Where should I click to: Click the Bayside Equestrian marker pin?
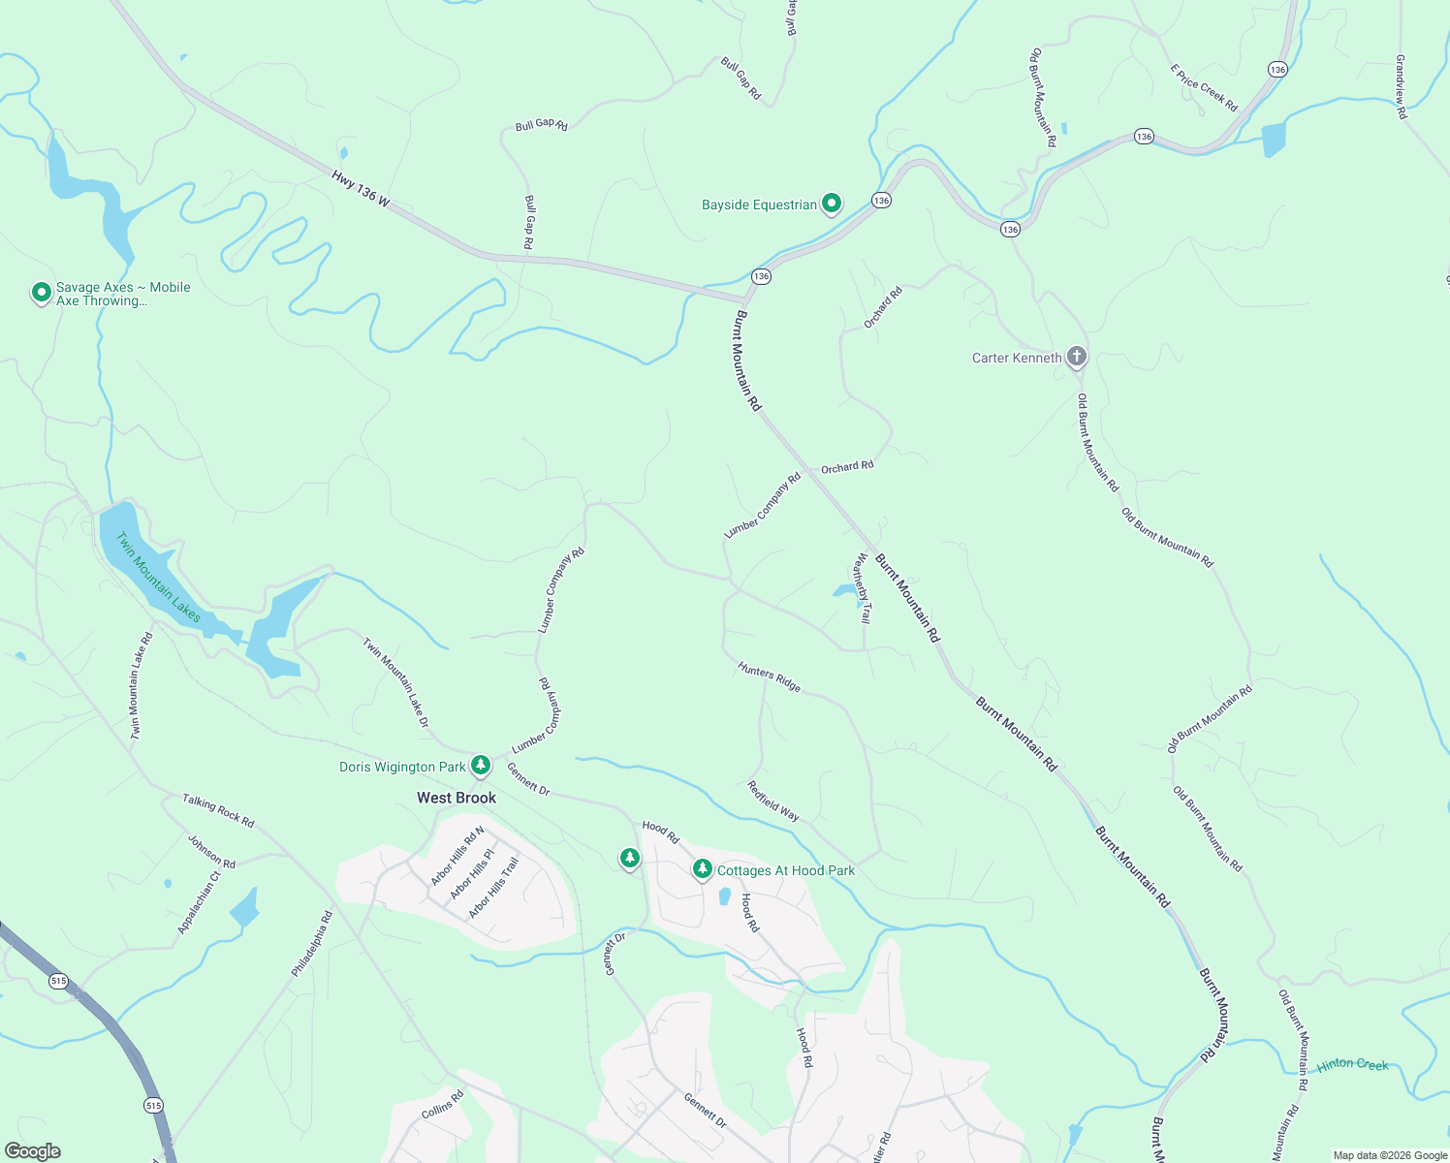tap(832, 204)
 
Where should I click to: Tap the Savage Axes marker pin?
tap(41, 292)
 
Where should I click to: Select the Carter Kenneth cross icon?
tap(1076, 357)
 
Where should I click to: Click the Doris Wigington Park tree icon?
tap(480, 766)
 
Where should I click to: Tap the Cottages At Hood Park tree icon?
tap(703, 869)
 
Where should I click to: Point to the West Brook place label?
tap(457, 798)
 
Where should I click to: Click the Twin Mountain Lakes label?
tap(158, 578)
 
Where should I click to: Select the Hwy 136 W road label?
tap(361, 188)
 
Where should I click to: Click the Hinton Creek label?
tap(1353, 1064)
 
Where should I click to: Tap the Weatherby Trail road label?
tap(862, 588)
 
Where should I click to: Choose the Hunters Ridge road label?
tap(770, 676)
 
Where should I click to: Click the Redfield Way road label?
tap(773, 802)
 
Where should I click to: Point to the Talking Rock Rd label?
tap(218, 810)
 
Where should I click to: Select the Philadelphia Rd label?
tap(312, 943)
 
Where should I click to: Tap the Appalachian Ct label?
tap(199, 902)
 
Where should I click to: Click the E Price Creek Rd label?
tap(1204, 88)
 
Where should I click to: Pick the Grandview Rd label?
tap(1401, 86)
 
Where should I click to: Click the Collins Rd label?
tap(443, 1105)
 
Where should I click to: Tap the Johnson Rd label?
tap(211, 852)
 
